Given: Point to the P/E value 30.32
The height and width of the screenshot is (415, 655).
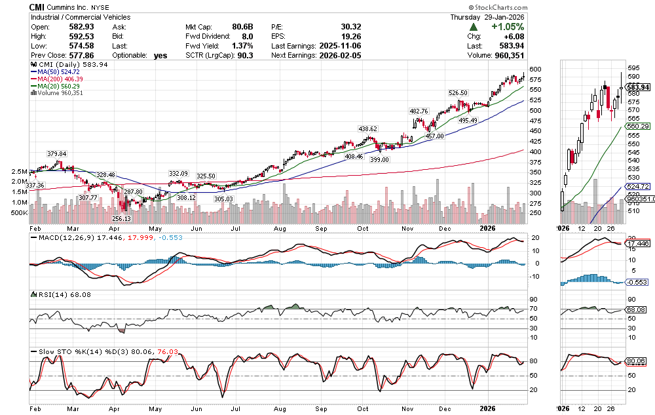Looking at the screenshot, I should (x=351, y=27).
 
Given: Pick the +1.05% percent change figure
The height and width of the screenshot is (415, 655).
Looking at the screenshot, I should (x=506, y=27).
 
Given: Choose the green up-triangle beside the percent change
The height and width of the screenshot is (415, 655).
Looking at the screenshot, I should (x=473, y=27).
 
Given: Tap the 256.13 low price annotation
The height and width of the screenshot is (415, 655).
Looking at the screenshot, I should (x=122, y=218).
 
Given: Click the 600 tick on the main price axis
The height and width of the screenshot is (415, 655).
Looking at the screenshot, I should (x=535, y=69).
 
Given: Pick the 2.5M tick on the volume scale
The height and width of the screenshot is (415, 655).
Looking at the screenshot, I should (x=19, y=172).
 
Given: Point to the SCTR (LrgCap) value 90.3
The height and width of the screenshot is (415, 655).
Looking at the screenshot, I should (x=239, y=56).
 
